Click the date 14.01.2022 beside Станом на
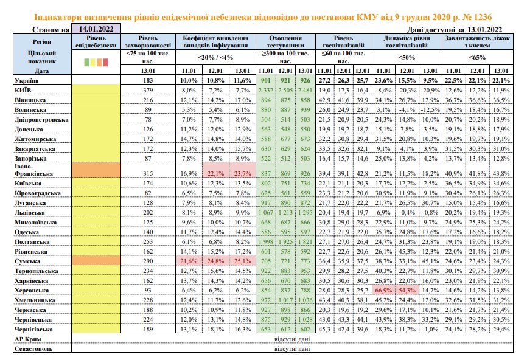pyautogui.click(x=96, y=29)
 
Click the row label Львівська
pyautogui.click(x=30, y=213)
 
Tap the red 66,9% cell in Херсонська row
pyautogui.click(x=383, y=290)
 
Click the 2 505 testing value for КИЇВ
pyautogui.click(x=285, y=91)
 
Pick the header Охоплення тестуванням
pyautogui.click(x=285, y=41)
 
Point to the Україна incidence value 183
pyautogui.click(x=148, y=81)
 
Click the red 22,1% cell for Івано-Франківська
pyautogui.click(x=215, y=173)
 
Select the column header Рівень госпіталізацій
pyautogui.click(x=343, y=41)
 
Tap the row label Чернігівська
pyautogui.click(x=33, y=330)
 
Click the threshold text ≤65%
pyautogui.click(x=477, y=57)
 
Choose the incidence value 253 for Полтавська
pyautogui.click(x=148, y=242)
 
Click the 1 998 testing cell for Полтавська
pyautogui.click(x=265, y=242)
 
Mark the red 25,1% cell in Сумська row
pyautogui.click(x=242, y=261)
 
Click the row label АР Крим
pyautogui.click(x=28, y=339)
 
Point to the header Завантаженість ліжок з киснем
pyautogui.click(x=477, y=41)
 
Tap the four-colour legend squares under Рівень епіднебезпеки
pyautogui.click(x=96, y=62)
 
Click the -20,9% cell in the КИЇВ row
pyautogui.click(x=430, y=91)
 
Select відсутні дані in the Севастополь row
pyautogui.click(x=292, y=349)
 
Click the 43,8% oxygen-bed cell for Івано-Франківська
pyautogui.click(x=501, y=173)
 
